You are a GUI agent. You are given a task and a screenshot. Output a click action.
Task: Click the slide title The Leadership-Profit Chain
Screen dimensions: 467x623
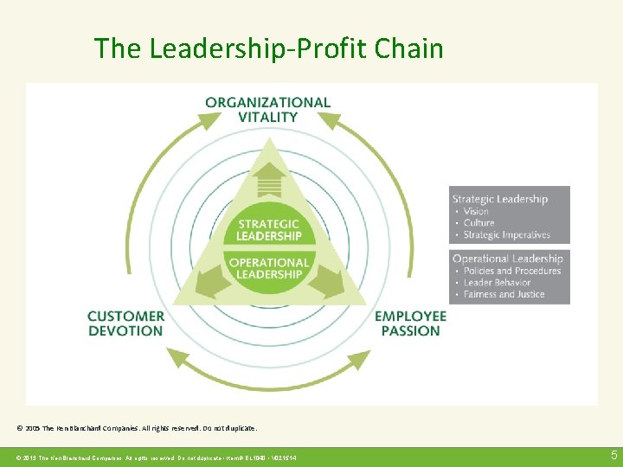tap(268, 48)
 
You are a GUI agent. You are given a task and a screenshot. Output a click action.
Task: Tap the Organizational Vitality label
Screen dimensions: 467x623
tap(267, 109)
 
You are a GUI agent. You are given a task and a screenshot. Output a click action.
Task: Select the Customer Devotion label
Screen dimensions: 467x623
tap(125, 323)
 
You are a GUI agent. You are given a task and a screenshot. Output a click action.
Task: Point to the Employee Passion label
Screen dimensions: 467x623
tap(410, 323)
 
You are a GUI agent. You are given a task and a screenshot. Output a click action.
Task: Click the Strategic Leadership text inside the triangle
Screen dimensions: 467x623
tap(270, 229)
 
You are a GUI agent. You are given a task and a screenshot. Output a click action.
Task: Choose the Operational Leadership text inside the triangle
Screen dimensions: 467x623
tap(270, 268)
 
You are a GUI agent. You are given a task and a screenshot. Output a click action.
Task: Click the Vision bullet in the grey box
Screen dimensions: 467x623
tap(476, 211)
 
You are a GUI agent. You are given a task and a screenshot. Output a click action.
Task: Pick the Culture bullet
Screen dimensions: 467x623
tap(478, 223)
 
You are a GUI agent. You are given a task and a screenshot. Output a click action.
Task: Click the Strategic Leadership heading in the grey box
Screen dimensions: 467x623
tap(499, 199)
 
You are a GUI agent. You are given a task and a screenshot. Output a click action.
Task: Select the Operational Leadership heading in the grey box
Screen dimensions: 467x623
tap(507, 259)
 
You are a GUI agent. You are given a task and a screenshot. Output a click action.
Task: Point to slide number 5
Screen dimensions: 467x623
tap(613, 455)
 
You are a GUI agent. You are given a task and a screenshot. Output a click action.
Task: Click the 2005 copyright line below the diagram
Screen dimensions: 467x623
tap(137, 428)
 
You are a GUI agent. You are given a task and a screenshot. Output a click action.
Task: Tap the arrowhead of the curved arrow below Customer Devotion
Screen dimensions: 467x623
tap(178, 355)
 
